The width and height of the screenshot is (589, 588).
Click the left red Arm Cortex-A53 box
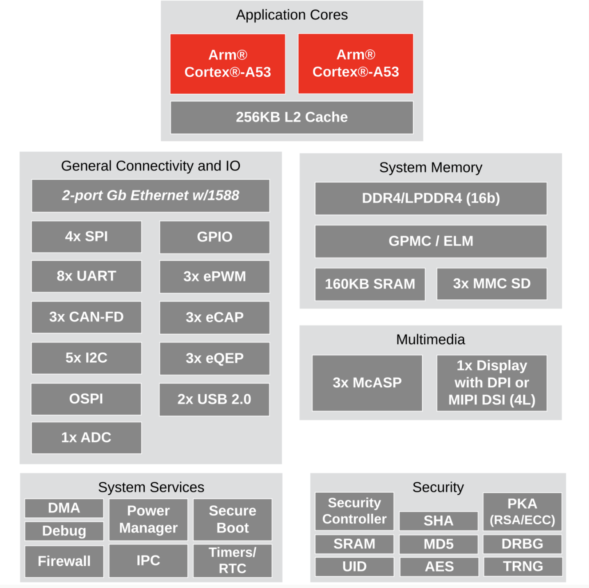tap(228, 64)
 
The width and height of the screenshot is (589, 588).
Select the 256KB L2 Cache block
tap(292, 117)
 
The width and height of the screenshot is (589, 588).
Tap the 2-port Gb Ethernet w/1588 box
tap(151, 195)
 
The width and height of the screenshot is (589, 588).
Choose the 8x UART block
tap(87, 276)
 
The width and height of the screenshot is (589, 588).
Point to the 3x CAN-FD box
tap(87, 317)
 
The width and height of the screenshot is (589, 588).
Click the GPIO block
tap(215, 237)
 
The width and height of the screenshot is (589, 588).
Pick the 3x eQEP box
tap(215, 358)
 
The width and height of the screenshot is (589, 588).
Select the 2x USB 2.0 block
tap(214, 400)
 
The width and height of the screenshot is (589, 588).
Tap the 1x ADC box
tap(87, 438)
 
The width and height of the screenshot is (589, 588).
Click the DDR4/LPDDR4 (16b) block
tap(431, 198)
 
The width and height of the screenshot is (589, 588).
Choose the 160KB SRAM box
tap(370, 284)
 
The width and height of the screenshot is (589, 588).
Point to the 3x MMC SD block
tap(492, 284)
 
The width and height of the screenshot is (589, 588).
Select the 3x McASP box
tap(367, 383)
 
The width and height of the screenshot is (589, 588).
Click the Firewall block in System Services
tap(64, 561)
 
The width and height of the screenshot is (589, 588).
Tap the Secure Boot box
tap(233, 519)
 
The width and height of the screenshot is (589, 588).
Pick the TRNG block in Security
tap(523, 567)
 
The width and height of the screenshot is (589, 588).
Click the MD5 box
tap(438, 544)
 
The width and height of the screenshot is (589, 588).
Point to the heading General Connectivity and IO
tap(151, 166)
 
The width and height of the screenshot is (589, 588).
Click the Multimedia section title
tap(431, 340)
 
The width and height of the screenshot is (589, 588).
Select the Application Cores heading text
tap(292, 15)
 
